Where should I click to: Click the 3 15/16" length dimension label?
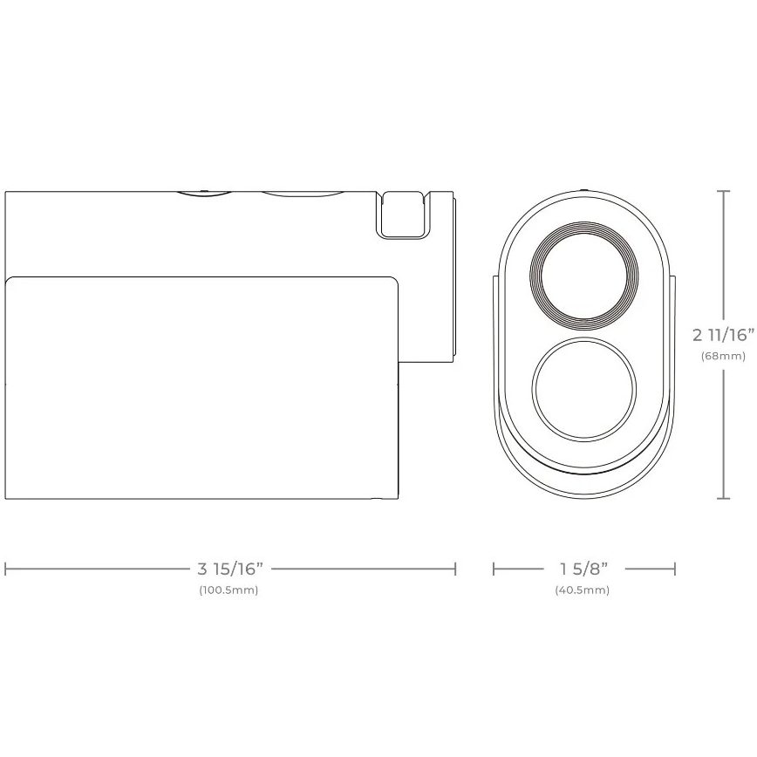pos(229,569)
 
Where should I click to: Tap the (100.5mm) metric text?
pos(228,590)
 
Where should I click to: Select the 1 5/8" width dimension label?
pos(583,569)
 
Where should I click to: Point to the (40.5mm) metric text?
pos(583,590)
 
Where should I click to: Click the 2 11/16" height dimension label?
pos(722,334)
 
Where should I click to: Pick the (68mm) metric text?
pos(723,356)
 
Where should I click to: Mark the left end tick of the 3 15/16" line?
pos(6,569)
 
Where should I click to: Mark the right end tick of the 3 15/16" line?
pos(455,569)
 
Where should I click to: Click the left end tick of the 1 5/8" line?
pos(494,569)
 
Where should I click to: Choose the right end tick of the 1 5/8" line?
pos(675,569)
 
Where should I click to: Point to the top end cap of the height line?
pos(723,191)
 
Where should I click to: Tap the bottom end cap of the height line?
pos(723,499)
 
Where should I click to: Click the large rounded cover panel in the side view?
pos(201,388)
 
